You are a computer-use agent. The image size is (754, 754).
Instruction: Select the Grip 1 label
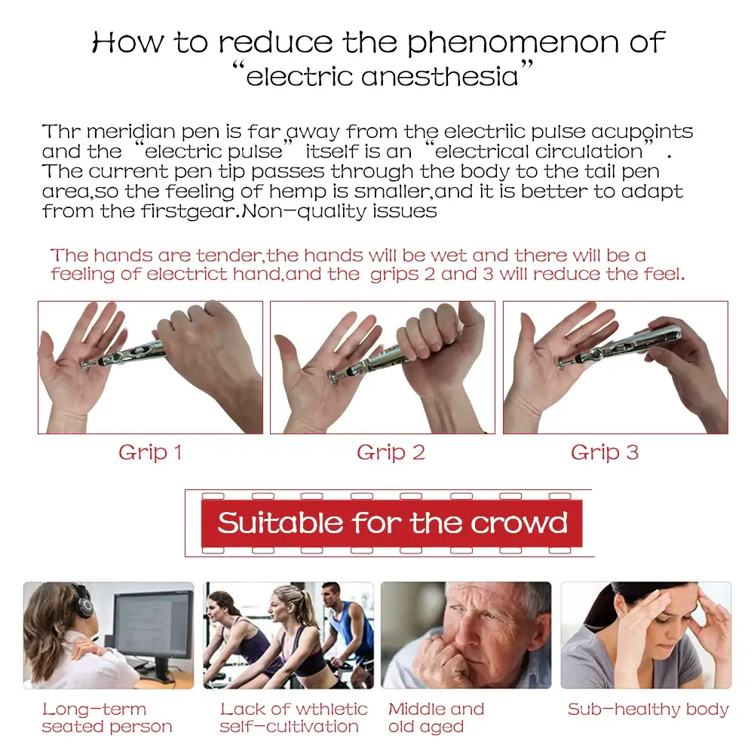[x=150, y=453]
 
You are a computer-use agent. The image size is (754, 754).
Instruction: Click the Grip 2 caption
[x=391, y=453]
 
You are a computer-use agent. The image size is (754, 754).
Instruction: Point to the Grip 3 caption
[x=605, y=453]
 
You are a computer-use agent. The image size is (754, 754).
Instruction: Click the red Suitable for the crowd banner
[x=391, y=523]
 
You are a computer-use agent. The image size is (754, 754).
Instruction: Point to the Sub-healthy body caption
[x=648, y=710]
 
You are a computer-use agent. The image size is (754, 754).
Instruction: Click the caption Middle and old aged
[x=436, y=718]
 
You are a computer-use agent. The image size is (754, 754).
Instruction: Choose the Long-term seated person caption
[x=107, y=718]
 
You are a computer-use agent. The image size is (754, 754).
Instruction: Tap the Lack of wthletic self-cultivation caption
[x=293, y=718]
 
